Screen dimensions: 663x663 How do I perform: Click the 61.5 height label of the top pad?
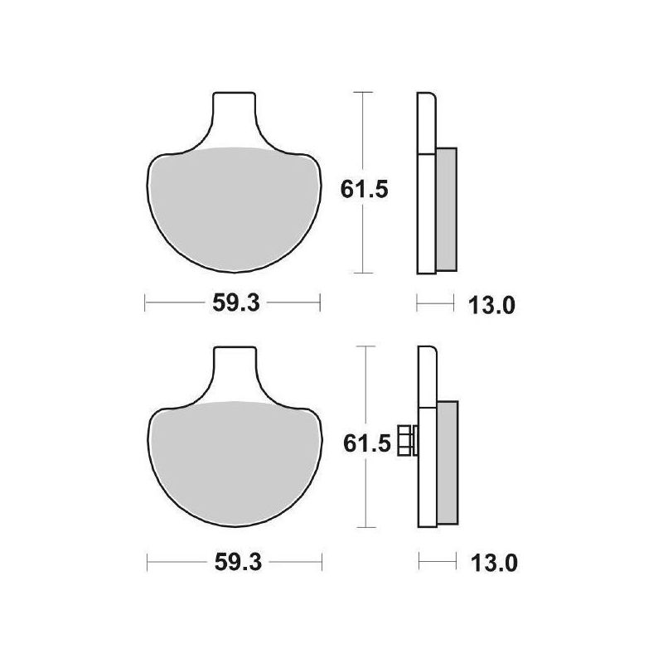[x=364, y=191]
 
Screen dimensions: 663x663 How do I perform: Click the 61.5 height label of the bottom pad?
[x=366, y=444]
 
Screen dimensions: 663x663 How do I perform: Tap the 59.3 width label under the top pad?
[x=236, y=302]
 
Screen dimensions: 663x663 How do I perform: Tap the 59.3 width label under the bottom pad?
[x=238, y=563]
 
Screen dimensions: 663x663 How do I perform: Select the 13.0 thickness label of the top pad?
[x=491, y=305]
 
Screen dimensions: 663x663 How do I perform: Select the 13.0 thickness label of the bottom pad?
[x=494, y=564]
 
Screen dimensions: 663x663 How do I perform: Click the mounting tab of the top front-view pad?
[x=235, y=114]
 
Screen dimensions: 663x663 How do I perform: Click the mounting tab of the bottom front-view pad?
[x=235, y=368]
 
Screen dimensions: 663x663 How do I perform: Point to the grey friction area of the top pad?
[x=233, y=207]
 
